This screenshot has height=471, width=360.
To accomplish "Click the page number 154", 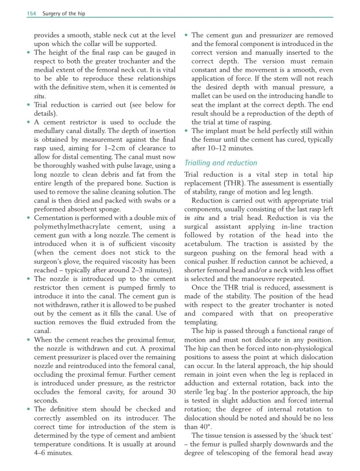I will pyautogui.click(x=31, y=14).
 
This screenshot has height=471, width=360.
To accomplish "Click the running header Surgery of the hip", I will pyautogui.click(x=63, y=14).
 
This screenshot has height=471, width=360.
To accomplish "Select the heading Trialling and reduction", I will pyautogui.click(x=221, y=163).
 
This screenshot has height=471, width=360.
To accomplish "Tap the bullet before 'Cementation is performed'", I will pyautogui.click(x=29, y=218).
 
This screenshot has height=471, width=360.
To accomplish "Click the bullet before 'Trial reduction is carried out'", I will pyautogui.click(x=29, y=105).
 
